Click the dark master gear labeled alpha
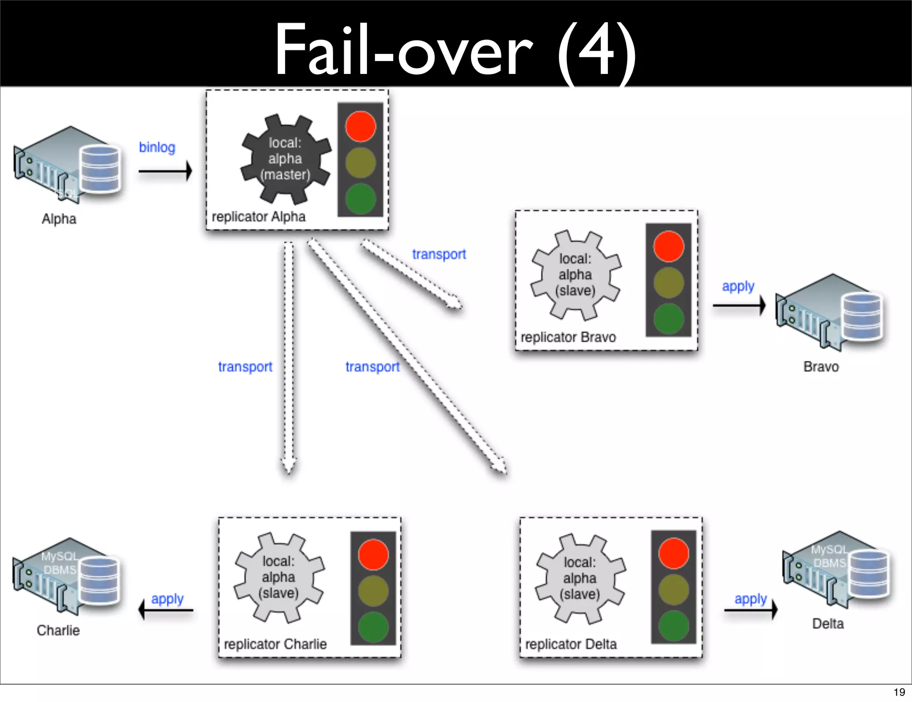285,159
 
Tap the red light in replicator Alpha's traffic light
360,127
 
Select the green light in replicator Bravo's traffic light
668,319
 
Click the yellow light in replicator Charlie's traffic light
373,591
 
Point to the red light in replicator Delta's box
673,554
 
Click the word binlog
157,147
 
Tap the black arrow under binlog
165,171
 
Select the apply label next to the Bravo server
738,286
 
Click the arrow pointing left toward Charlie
166,610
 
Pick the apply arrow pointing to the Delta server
751,610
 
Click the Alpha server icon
67,165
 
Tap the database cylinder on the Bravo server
862,317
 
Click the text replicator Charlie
275,644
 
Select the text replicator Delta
571,644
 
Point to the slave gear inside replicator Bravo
575,275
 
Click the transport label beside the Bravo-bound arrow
439,254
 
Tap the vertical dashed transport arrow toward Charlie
289,356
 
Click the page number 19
899,692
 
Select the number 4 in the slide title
597,51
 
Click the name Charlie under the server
58,630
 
